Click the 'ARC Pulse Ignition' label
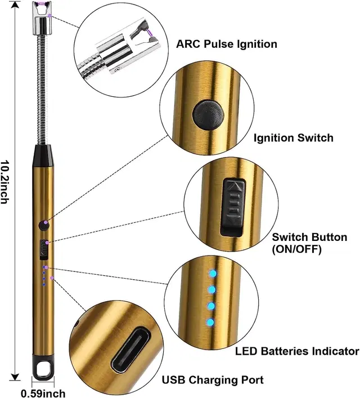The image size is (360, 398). pos(227,44)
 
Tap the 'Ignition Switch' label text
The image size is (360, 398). pos(293,137)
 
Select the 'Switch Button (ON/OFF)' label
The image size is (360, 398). pos(309,243)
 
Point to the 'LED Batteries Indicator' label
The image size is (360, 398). pos(296,351)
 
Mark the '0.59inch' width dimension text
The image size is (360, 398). pos(43,392)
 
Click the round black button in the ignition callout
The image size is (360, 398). pos(205,115)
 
